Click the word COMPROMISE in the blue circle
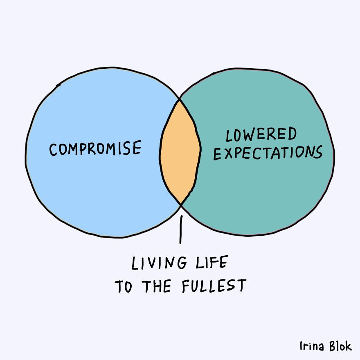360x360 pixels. tap(95, 148)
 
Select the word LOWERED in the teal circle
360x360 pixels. tap(261, 134)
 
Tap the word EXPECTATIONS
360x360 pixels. tap(268, 153)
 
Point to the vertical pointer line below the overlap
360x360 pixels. tap(181, 229)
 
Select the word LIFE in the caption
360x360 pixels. tap(212, 262)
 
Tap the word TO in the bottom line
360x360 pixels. tap(124, 286)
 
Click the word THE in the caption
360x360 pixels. tap(156, 286)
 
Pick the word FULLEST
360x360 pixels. tap(214, 286)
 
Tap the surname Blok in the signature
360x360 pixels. tap(340, 346)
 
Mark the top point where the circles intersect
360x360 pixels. tap(179, 99)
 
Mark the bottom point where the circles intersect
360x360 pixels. tap(181, 204)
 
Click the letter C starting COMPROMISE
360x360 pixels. tap(53, 150)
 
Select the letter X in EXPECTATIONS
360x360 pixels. tap(228, 153)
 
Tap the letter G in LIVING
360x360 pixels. tap(182, 263)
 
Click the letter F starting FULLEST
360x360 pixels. tap(185, 286)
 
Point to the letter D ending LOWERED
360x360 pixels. tap(292, 133)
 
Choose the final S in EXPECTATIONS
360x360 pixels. tap(318, 152)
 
